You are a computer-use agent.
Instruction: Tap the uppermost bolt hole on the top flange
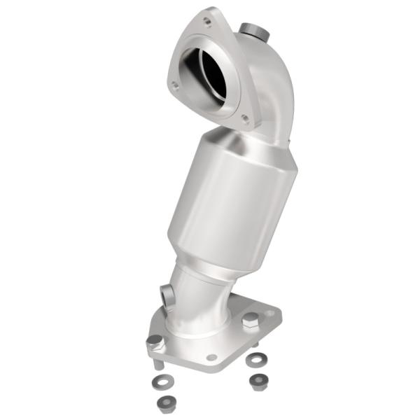[x=206, y=22]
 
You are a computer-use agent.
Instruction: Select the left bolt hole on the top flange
[x=175, y=86]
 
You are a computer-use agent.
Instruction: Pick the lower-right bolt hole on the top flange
[x=244, y=118]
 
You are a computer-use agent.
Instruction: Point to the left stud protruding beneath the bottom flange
[x=159, y=363]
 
